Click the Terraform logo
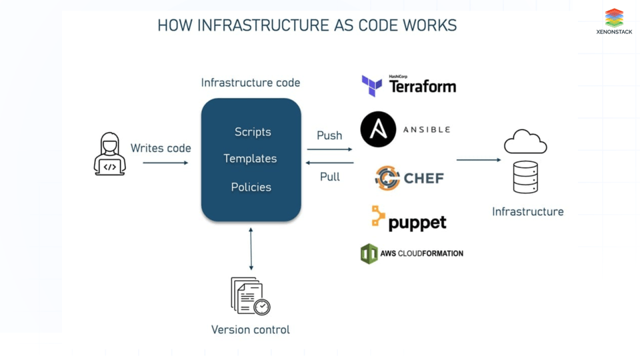tap(409, 85)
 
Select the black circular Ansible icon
tap(378, 129)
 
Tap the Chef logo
tap(409, 178)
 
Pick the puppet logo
tap(408, 219)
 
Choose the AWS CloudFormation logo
tap(411, 253)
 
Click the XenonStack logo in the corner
tap(614, 21)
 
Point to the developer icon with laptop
tap(110, 154)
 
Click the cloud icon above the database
tap(525, 142)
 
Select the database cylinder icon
tap(525, 177)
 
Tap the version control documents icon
tap(250, 296)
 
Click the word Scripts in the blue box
tap(253, 132)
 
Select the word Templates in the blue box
tap(250, 159)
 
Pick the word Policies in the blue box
tap(251, 187)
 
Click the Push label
tap(329, 135)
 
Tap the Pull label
tap(329, 177)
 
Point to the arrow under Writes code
tap(165, 163)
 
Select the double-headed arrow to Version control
tap(251, 249)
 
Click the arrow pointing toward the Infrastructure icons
tap(478, 160)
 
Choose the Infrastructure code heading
tap(251, 83)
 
